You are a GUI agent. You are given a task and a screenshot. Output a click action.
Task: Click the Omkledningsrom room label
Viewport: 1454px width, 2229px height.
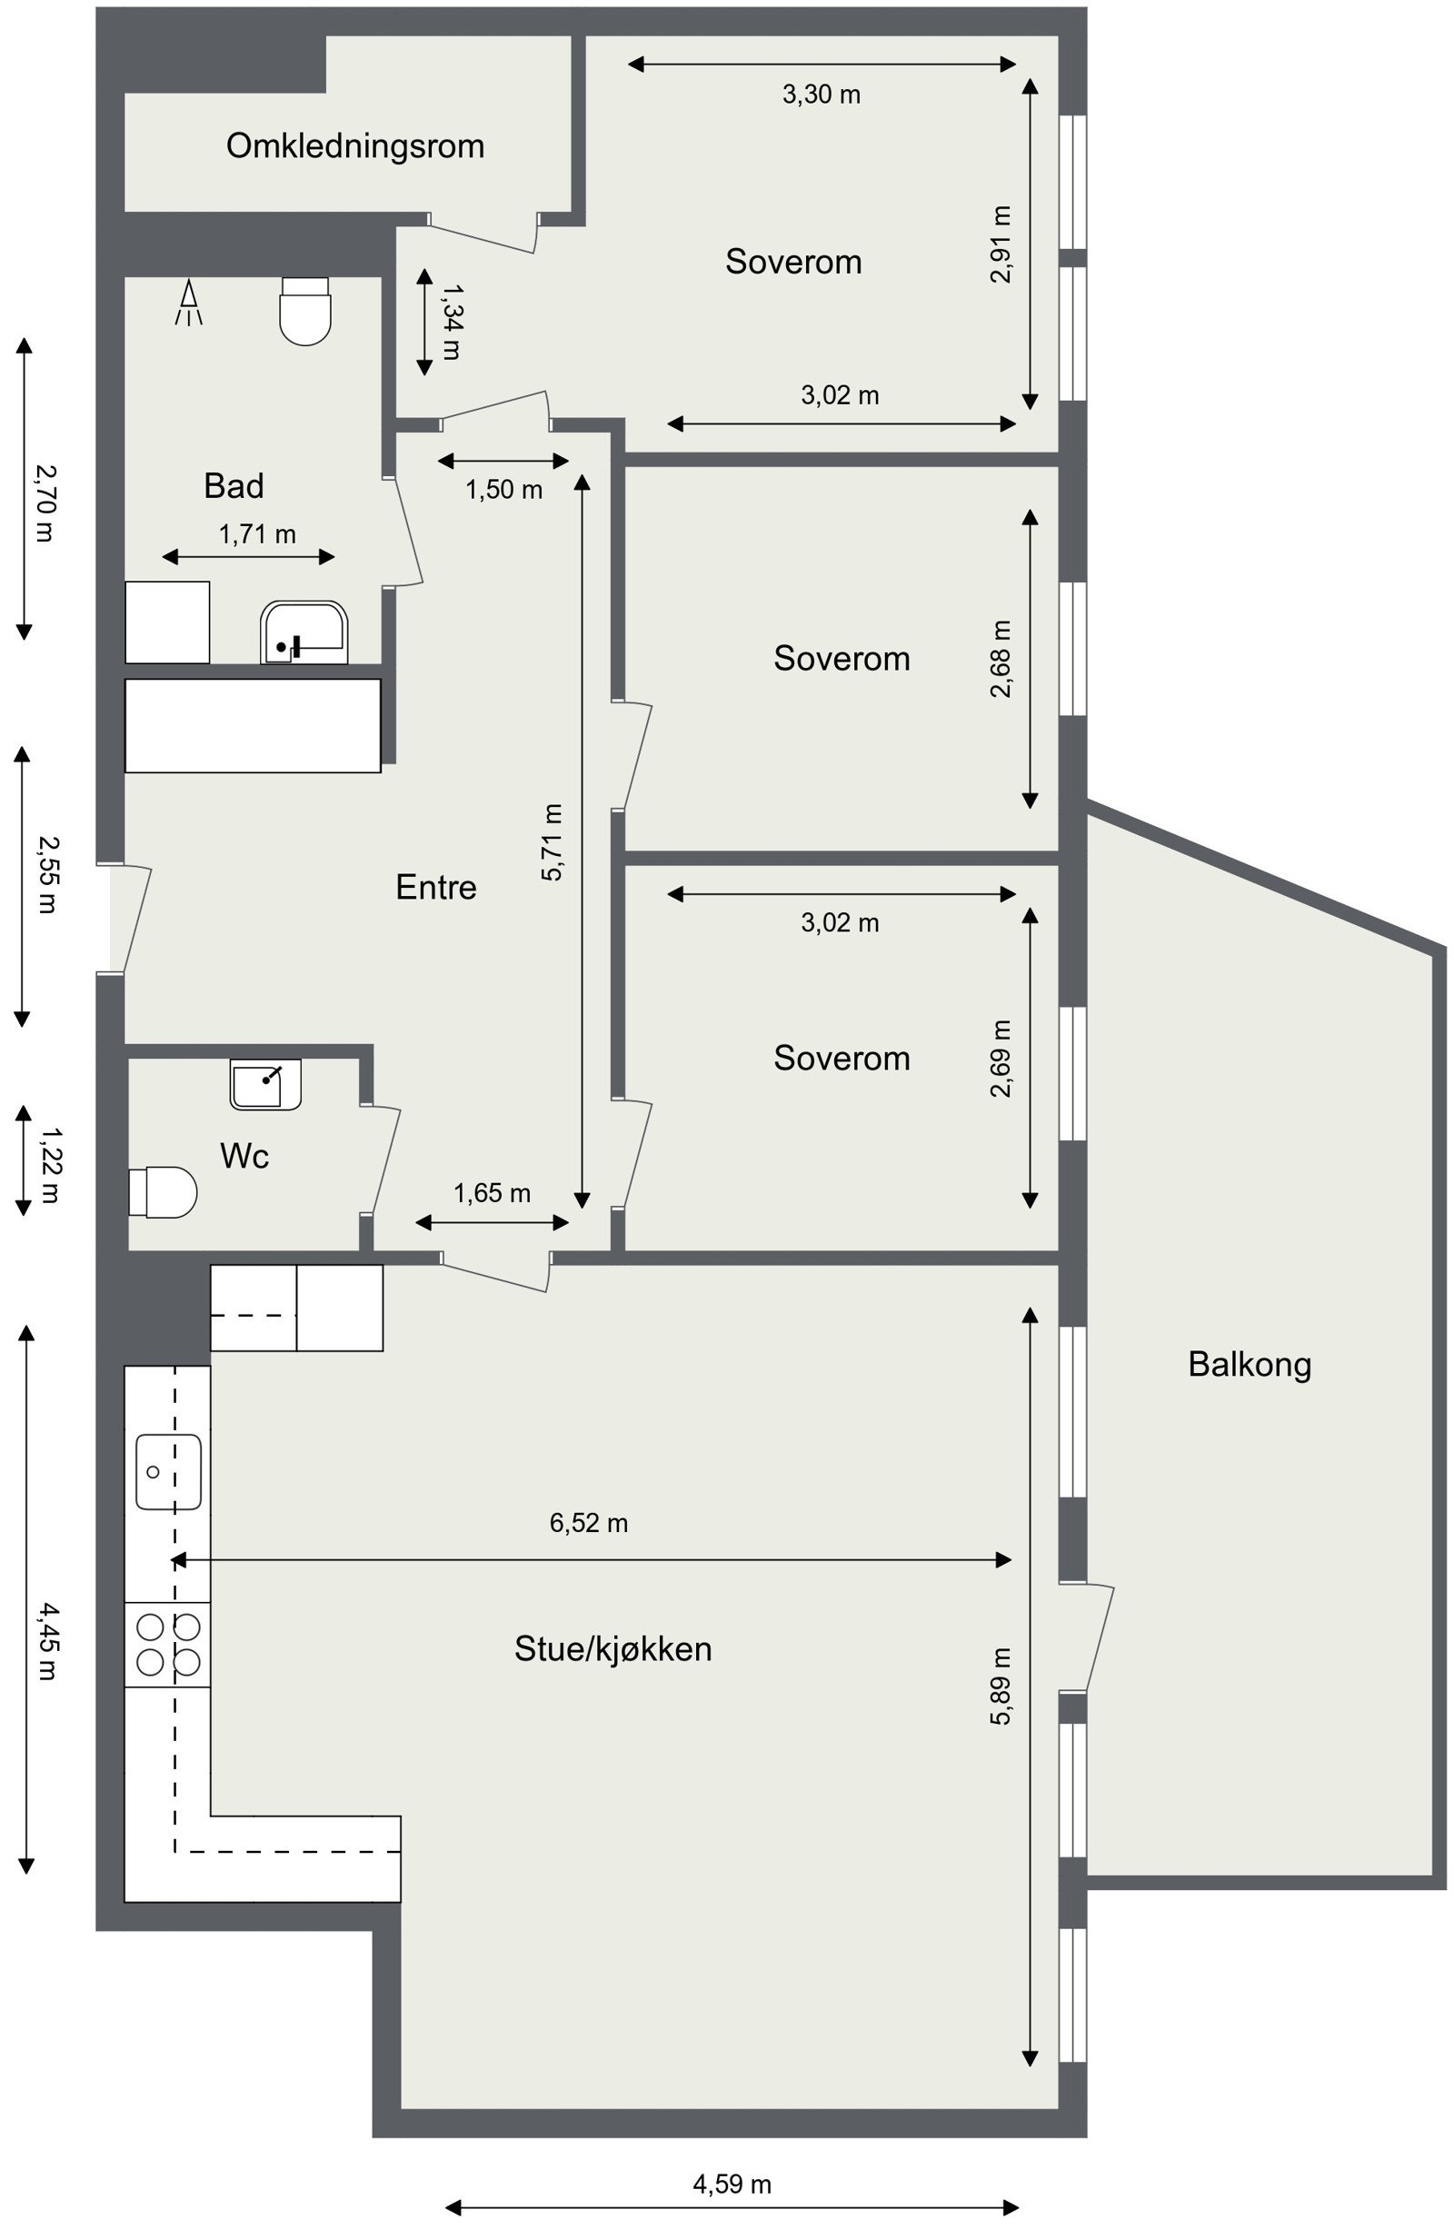tap(355, 146)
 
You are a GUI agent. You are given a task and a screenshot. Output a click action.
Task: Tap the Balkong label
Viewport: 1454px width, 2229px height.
tap(1249, 1365)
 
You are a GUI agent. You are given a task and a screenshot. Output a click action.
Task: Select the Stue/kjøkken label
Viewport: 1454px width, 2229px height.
tap(612, 1649)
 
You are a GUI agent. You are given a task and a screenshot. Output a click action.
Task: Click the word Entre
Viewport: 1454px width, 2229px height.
tap(435, 887)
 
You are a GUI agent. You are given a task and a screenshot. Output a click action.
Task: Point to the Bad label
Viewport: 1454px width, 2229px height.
tap(234, 486)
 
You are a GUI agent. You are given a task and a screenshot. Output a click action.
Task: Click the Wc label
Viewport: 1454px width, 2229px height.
tap(244, 1157)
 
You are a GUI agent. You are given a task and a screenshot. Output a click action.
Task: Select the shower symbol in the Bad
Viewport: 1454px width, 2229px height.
tap(189, 303)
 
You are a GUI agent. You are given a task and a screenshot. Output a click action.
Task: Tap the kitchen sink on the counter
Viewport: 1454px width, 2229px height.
tap(168, 1471)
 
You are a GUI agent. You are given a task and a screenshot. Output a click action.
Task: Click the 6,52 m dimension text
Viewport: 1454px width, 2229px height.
tap(588, 1524)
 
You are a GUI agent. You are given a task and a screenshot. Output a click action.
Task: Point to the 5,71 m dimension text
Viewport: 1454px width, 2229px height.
tap(553, 842)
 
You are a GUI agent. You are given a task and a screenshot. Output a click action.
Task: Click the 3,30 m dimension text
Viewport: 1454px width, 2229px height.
tap(821, 95)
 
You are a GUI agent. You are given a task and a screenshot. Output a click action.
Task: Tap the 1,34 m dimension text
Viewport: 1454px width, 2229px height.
tap(451, 323)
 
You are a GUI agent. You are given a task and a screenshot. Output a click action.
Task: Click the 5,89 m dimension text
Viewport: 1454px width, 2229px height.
tap(1001, 1686)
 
